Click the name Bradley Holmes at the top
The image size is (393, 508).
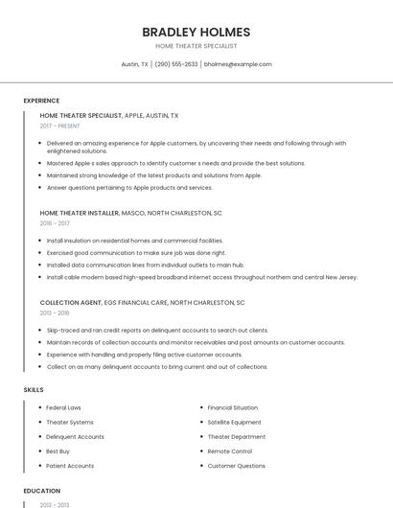(x=196, y=32)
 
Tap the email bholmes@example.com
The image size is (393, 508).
(x=238, y=64)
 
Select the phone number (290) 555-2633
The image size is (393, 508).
(x=176, y=64)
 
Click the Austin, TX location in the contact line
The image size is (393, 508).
(x=135, y=64)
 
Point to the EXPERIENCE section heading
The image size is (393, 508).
(x=41, y=101)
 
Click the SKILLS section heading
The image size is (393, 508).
(x=33, y=389)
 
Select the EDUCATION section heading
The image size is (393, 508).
(x=41, y=491)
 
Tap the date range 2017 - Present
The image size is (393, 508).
(x=60, y=126)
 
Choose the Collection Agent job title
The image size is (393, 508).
(x=71, y=302)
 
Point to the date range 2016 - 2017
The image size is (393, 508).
(x=55, y=222)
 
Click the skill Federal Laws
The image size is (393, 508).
(x=64, y=407)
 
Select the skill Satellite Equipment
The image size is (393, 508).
(x=234, y=422)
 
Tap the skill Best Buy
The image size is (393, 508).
(x=58, y=450)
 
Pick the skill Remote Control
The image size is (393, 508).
(x=230, y=450)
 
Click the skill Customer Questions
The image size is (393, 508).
(x=237, y=465)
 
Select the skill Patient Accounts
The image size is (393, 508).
(x=70, y=465)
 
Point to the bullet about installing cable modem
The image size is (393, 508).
(x=201, y=277)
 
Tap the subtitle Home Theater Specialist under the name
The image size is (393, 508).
(x=196, y=46)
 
